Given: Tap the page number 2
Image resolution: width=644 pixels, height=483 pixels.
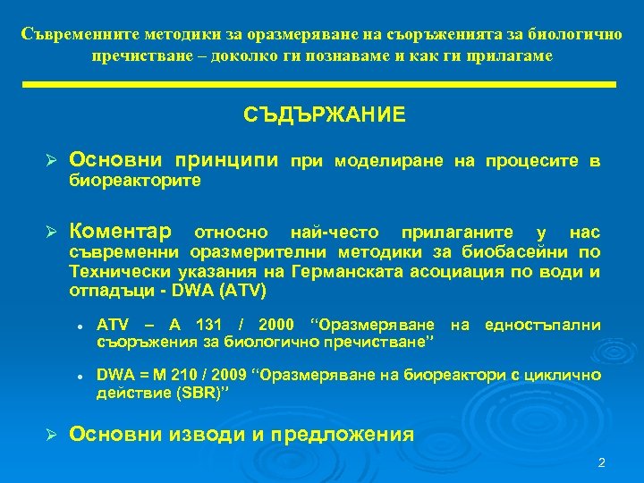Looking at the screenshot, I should [x=601, y=462].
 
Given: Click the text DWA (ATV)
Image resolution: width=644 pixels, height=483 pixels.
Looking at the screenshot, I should [x=229, y=291].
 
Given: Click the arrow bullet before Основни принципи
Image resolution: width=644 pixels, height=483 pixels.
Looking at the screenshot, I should [x=52, y=162].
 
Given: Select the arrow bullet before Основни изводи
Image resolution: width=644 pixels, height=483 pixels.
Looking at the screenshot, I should [x=52, y=436].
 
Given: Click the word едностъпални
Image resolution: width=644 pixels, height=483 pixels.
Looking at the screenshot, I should [x=542, y=324].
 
